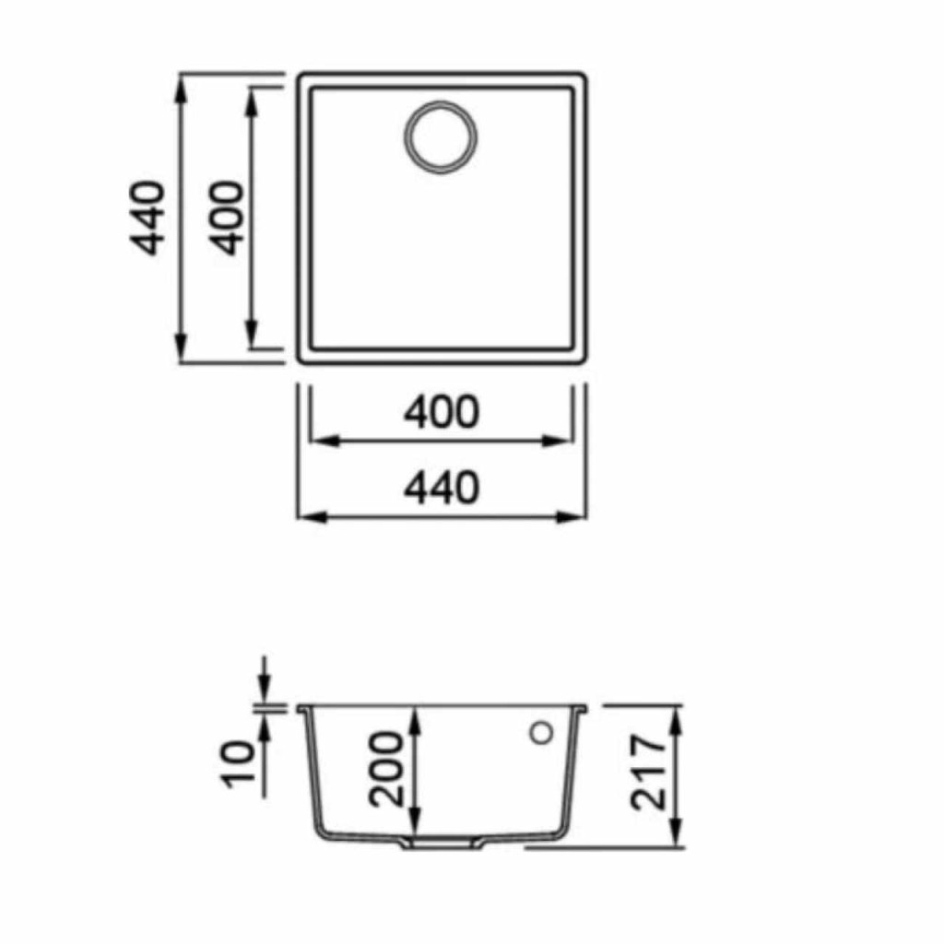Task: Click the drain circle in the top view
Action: pyautogui.click(x=406, y=137)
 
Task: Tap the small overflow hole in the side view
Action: pyautogui.click(x=541, y=733)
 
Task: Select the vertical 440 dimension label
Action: pyautogui.click(x=147, y=218)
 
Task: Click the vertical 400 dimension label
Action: pyautogui.click(x=227, y=218)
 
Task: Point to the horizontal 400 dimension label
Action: pyautogui.click(x=442, y=412)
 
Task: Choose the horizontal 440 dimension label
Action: pyautogui.click(x=442, y=489)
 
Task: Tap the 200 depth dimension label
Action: pyautogui.click(x=386, y=769)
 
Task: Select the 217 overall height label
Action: pyautogui.click(x=648, y=772)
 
